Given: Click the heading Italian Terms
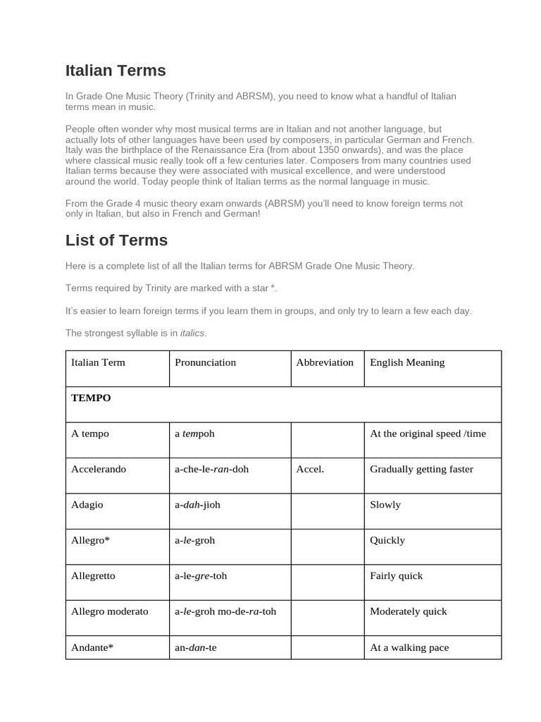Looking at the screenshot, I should (116, 71).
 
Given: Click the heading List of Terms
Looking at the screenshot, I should (116, 240).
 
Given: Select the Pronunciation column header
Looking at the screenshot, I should (205, 362).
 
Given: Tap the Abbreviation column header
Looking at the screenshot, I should (325, 362).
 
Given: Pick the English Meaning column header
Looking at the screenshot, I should (407, 362).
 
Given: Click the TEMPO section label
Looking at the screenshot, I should (91, 398).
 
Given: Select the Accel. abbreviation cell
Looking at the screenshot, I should (310, 469).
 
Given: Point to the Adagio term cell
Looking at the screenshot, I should (88, 505).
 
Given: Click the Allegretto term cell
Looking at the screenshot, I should (93, 576).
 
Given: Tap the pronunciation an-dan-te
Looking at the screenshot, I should (195, 647).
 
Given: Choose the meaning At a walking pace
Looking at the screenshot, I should (409, 647).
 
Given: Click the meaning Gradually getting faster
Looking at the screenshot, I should (421, 469).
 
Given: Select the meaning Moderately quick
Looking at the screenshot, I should (409, 611).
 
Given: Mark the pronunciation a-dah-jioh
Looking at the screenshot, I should (197, 505).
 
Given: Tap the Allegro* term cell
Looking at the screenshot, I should (90, 540).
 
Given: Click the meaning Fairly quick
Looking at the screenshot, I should (397, 576).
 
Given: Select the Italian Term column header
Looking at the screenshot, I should (98, 362).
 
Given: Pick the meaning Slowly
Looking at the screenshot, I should (385, 505).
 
